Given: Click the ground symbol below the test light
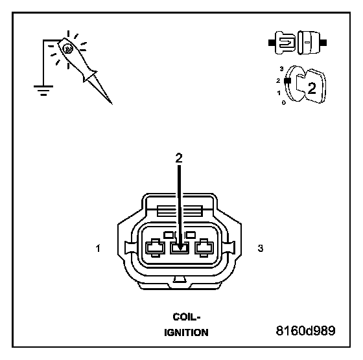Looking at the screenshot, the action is pos(43,91).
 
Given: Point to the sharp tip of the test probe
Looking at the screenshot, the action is pos(111,104).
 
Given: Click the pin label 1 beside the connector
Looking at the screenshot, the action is pos(98,249).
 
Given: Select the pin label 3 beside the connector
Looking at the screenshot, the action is pos(261,248).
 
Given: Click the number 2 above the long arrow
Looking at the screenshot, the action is pos(179,158).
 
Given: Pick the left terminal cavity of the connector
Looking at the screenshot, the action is pos(155,248).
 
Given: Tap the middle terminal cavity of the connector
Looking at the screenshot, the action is pos(180,248).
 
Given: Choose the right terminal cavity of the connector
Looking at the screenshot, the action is pos(204,248).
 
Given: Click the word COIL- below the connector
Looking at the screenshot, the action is pos(187,317).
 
